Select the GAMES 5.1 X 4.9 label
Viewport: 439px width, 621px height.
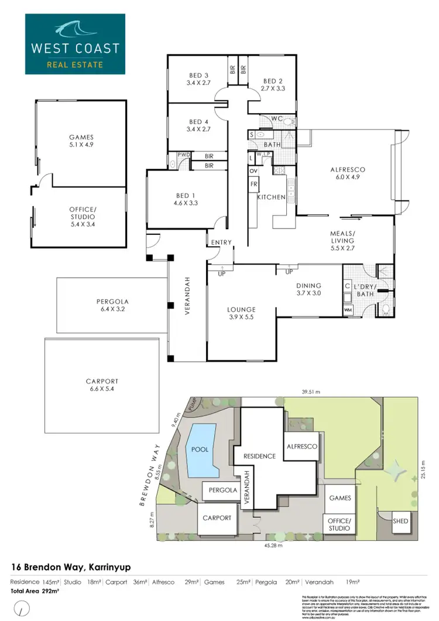[81, 141]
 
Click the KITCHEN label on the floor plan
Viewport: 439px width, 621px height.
[271, 197]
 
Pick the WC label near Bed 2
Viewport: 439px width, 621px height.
[277, 119]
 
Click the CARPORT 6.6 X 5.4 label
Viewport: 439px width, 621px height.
[101, 385]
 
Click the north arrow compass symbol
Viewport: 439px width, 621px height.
[22, 609]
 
